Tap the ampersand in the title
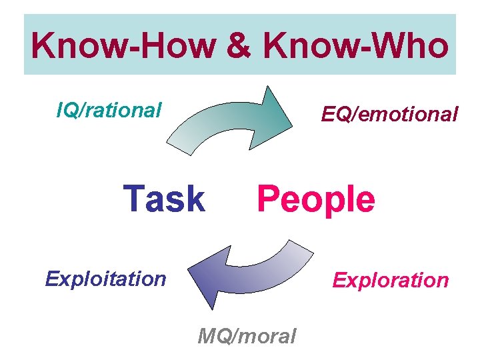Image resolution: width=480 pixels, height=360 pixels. pos(242,45)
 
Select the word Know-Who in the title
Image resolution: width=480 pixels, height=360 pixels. pos(355,45)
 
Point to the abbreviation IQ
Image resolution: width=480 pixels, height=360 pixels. pos(67,109)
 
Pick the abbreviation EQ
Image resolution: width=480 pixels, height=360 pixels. pos(335,115)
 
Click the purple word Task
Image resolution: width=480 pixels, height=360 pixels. pos(164,199)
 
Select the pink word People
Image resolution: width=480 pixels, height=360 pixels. pos(316,199)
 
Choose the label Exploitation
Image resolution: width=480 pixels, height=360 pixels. pos(105,278)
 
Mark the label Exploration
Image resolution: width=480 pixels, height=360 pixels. pos(391,280)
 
